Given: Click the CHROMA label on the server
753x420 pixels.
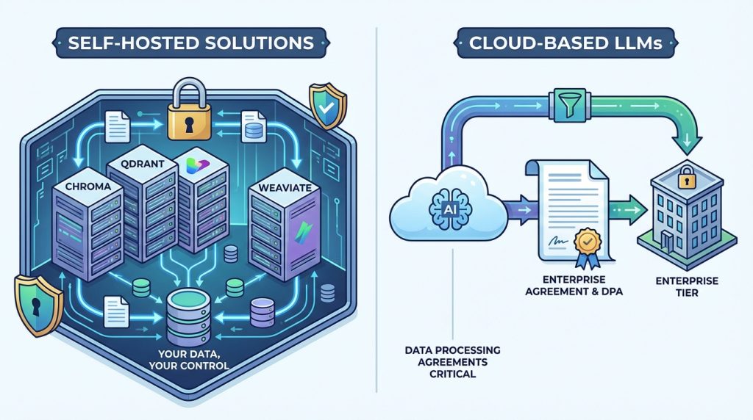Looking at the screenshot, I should pos(82,187).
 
